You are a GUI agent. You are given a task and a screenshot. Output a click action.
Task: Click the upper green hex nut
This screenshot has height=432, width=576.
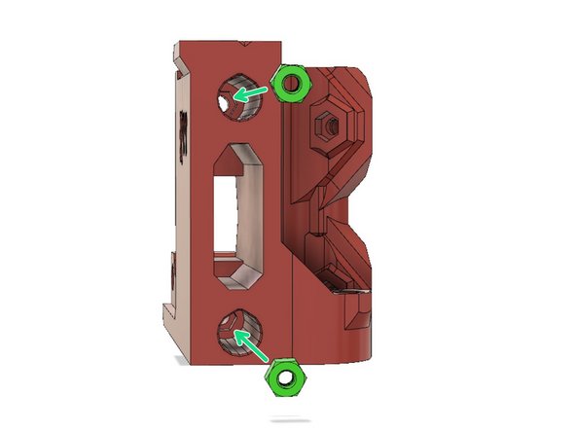coord(290,85)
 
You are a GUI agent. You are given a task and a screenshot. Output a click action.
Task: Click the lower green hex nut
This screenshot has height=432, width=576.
coord(285,378)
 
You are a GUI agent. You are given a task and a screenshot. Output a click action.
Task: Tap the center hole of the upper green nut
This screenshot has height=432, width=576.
coord(290,85)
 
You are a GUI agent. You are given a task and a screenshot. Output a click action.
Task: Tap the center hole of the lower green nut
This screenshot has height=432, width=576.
coord(285,378)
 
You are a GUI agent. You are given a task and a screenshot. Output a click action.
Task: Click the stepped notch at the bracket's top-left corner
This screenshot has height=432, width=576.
coord(178,59)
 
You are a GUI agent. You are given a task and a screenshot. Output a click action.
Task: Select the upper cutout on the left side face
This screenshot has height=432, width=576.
coord(181,131)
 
